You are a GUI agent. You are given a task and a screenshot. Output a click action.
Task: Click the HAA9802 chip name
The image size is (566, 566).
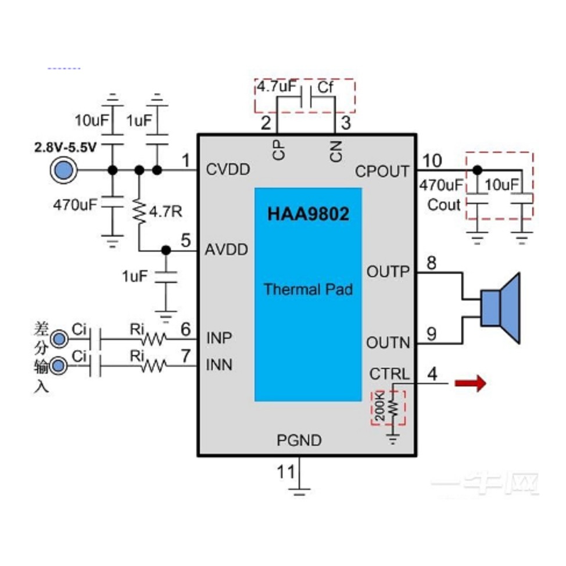[x=308, y=214]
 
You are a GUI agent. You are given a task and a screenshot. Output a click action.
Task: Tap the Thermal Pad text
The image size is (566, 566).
[x=308, y=289]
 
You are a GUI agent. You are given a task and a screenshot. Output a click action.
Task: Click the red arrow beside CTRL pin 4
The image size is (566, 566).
[x=470, y=384]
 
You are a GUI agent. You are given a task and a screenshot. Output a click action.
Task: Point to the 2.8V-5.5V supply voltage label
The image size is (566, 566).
[x=66, y=148]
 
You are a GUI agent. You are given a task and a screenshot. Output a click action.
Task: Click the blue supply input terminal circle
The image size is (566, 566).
[x=62, y=170]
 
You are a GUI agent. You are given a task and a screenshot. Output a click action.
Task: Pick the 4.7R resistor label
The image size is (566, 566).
[x=166, y=212]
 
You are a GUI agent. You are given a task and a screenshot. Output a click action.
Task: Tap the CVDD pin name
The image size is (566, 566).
[x=228, y=170]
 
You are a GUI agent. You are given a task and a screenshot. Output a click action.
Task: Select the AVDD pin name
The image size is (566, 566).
[x=227, y=250]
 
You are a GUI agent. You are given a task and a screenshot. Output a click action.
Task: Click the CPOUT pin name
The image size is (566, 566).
[x=382, y=171]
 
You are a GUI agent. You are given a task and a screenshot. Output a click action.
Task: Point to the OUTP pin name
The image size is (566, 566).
[x=388, y=271]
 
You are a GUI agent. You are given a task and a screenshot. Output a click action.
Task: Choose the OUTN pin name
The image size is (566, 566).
[x=388, y=343]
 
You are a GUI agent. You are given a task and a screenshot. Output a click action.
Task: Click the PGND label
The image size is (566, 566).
[x=299, y=440]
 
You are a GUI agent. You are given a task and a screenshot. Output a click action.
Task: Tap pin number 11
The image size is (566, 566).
[x=285, y=472]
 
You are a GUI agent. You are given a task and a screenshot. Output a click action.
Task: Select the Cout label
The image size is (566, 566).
[x=443, y=205]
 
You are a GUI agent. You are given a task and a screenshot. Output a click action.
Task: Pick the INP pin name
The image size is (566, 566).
[x=220, y=338]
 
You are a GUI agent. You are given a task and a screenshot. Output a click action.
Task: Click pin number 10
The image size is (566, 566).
[x=432, y=160]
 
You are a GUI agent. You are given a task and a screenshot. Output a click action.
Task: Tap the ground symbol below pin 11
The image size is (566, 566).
[x=299, y=491]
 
